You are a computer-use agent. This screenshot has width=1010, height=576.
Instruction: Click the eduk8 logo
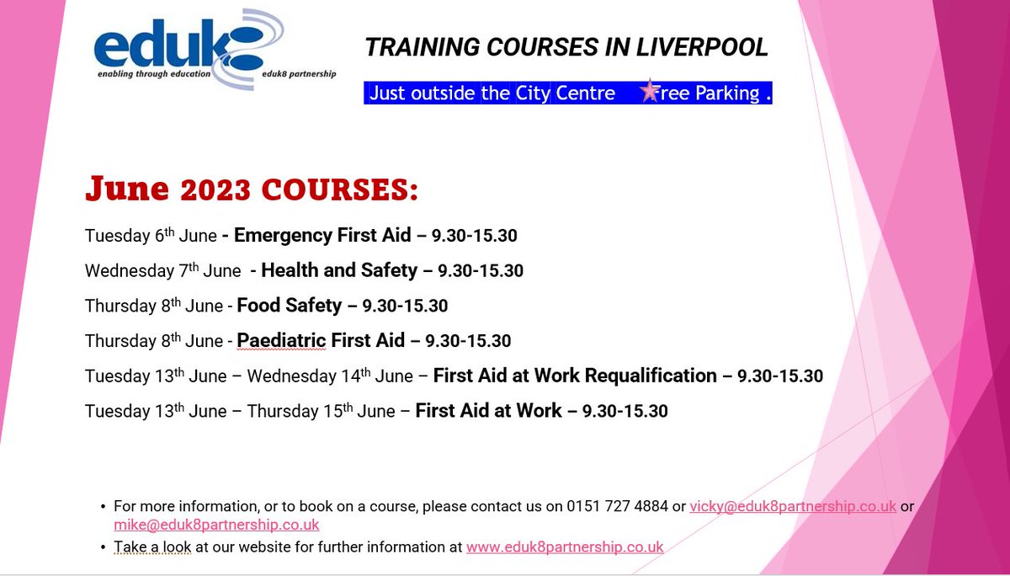click(215, 48)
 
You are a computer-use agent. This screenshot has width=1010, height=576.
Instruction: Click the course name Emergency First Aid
click(322, 236)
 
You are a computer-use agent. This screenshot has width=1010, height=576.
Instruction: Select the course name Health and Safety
click(339, 270)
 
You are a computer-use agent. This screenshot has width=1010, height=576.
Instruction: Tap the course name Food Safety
click(290, 305)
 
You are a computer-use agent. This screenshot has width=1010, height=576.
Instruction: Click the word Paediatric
click(280, 340)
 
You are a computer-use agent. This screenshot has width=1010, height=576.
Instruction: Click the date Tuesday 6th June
click(151, 237)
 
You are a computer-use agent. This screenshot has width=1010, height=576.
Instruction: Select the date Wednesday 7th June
click(163, 271)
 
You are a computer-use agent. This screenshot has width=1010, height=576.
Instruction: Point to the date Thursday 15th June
click(322, 411)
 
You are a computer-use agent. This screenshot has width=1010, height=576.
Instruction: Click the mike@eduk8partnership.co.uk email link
click(216, 525)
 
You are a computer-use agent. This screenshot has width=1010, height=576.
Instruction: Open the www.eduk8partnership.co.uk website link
click(565, 547)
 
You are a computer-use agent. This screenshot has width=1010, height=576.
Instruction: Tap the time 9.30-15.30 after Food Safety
click(405, 306)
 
